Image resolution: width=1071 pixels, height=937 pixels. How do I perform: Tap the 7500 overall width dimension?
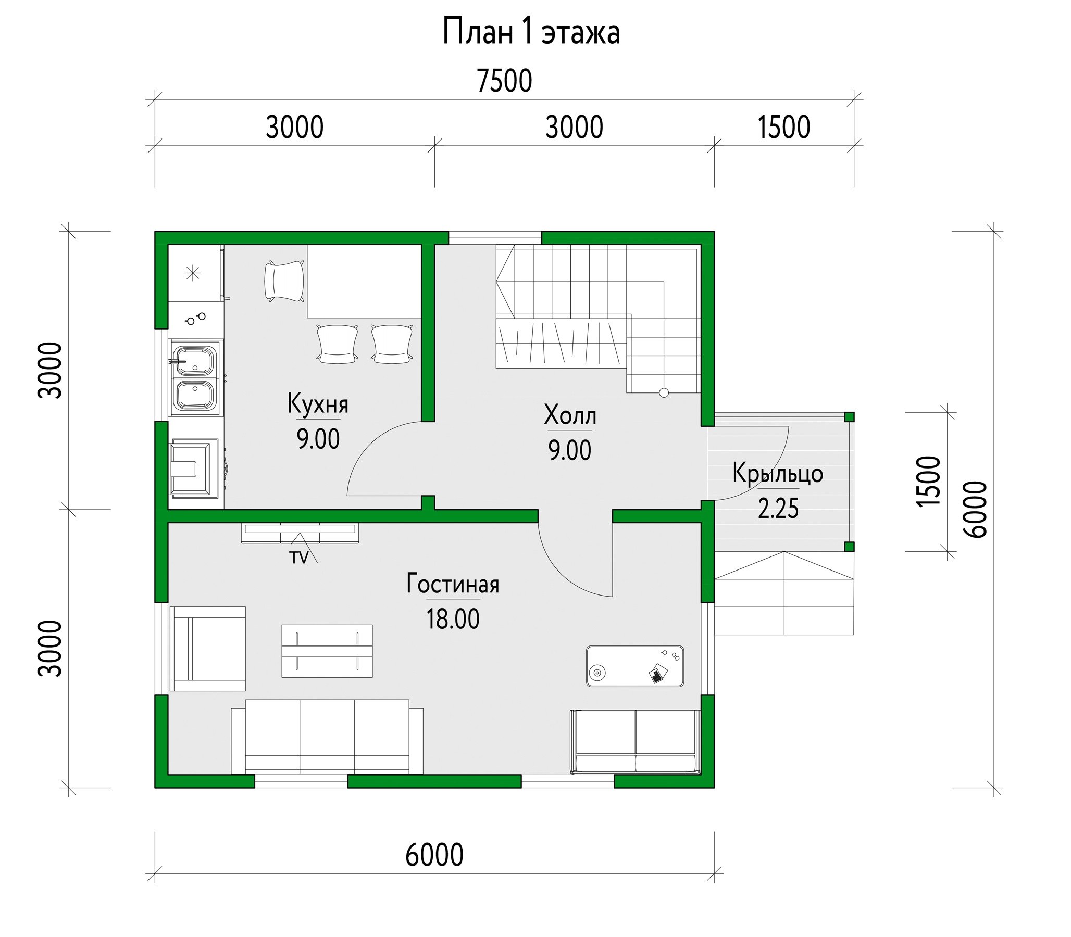(x=504, y=81)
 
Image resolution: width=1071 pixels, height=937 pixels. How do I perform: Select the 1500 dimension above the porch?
(x=784, y=127)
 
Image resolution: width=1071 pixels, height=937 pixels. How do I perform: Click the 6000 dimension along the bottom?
(x=434, y=855)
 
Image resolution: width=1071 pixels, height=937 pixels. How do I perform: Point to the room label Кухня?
(x=318, y=404)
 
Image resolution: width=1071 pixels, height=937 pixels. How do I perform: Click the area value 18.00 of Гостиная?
(x=453, y=619)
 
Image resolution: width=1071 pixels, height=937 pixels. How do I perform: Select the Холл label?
(x=570, y=416)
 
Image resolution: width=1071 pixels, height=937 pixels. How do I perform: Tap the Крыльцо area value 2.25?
(x=778, y=508)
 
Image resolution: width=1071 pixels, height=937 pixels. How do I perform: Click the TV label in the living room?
(x=300, y=558)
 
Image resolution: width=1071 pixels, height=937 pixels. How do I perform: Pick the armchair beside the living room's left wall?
(x=208, y=649)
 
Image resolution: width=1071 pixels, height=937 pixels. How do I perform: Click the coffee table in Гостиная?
(x=327, y=651)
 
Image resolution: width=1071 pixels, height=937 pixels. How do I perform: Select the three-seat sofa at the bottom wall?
(x=327, y=736)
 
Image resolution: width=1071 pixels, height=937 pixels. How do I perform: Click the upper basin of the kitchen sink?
(x=195, y=360)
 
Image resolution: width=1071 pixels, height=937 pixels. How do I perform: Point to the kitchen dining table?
(x=364, y=281)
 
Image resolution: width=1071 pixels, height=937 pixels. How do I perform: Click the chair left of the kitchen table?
(x=284, y=281)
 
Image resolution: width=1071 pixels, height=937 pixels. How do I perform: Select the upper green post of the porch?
(x=849, y=417)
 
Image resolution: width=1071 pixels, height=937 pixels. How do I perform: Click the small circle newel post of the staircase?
(x=664, y=393)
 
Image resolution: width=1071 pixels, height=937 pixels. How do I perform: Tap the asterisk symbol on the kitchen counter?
(x=193, y=273)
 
